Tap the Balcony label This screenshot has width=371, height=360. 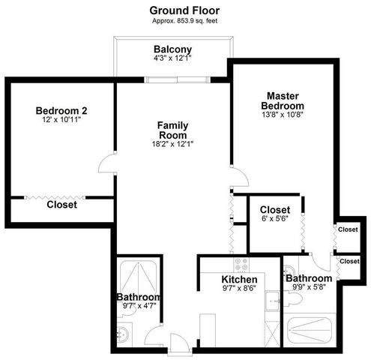[x=172, y=50]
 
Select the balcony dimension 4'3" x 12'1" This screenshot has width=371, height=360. [x=172, y=60]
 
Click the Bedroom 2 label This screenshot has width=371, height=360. [x=61, y=111]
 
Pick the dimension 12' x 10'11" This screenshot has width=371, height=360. [x=61, y=120]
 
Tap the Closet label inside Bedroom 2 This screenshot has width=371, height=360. [x=61, y=204]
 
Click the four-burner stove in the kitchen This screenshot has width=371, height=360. [x=241, y=265]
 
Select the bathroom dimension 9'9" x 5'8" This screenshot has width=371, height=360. [x=308, y=287]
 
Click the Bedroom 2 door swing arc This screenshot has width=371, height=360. [x=108, y=161]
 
